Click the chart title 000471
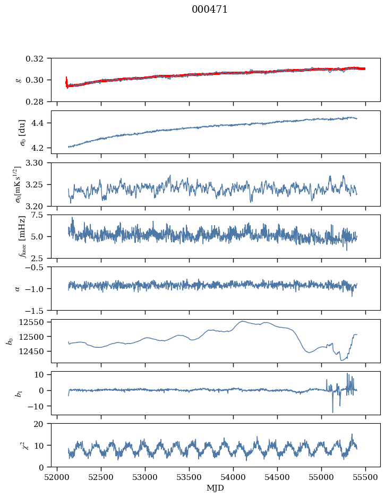click(x=210, y=10)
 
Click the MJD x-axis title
click(x=216, y=487)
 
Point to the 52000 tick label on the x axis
click(x=57, y=476)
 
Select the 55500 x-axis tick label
click(x=365, y=476)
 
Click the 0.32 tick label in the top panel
click(x=39, y=58)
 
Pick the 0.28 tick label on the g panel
click(x=39, y=101)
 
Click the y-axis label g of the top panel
click(x=19, y=80)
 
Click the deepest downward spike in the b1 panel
click(x=333, y=412)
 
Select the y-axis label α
click(x=18, y=288)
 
